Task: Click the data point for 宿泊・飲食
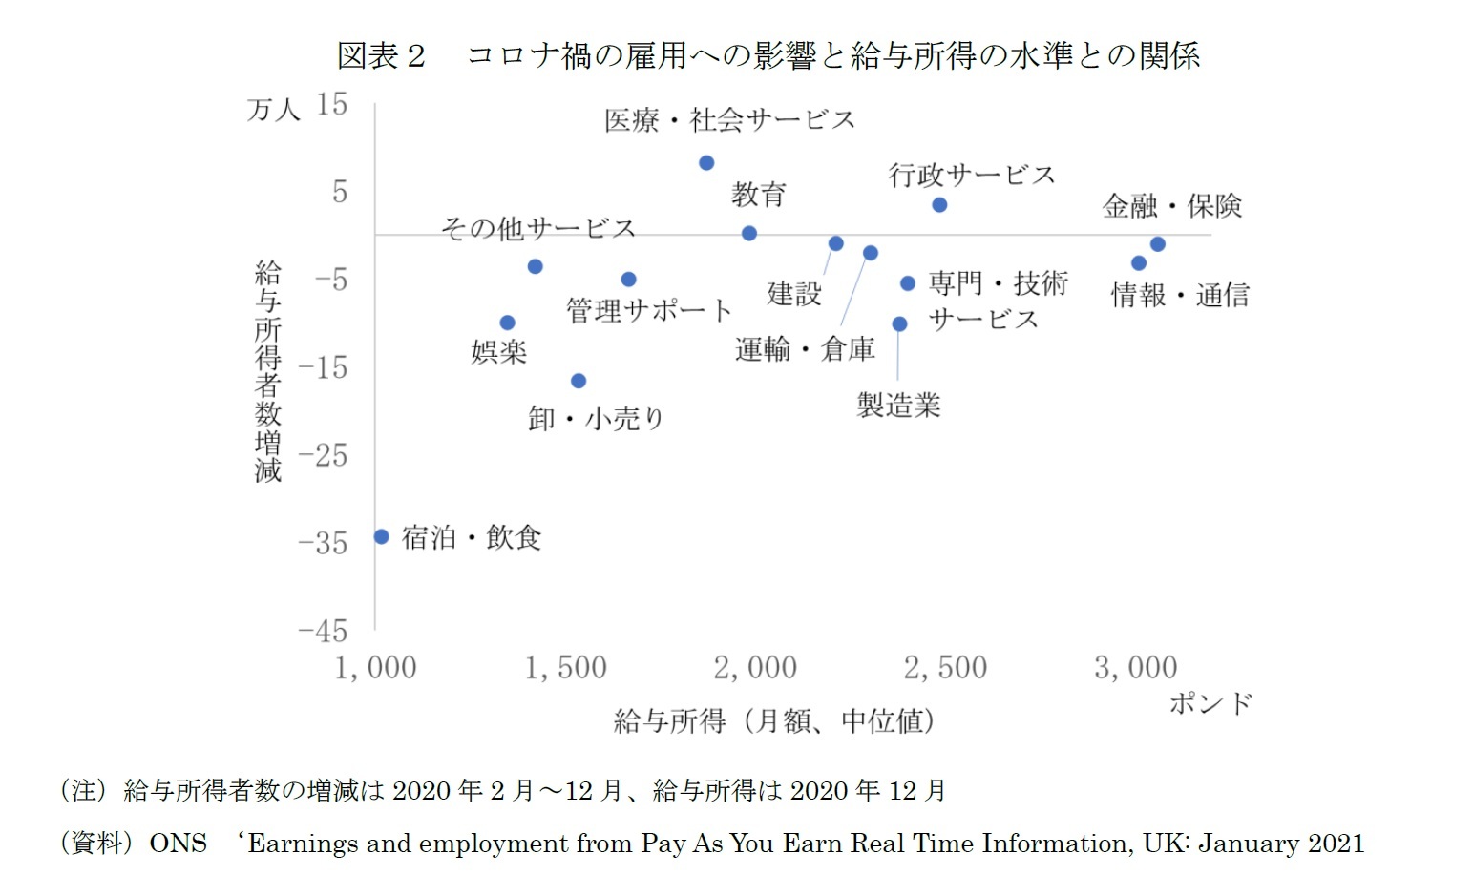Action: click(381, 536)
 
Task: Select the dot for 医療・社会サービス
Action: click(706, 163)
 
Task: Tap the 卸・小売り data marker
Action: click(579, 381)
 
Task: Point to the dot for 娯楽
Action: click(508, 323)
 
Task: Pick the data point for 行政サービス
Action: click(939, 205)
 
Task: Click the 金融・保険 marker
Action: click(1157, 244)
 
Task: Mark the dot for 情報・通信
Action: click(1139, 263)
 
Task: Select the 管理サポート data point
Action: click(628, 280)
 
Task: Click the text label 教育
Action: click(758, 195)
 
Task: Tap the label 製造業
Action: click(898, 406)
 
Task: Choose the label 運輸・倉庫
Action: click(805, 349)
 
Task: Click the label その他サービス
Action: click(537, 229)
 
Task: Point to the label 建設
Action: click(794, 294)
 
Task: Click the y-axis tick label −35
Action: click(323, 543)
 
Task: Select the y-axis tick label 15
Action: click(331, 104)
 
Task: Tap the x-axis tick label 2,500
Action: click(945, 668)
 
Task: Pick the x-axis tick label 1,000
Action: click(375, 668)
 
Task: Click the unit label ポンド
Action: click(1210, 704)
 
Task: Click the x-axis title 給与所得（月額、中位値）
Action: click(773, 721)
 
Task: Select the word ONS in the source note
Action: click(178, 844)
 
